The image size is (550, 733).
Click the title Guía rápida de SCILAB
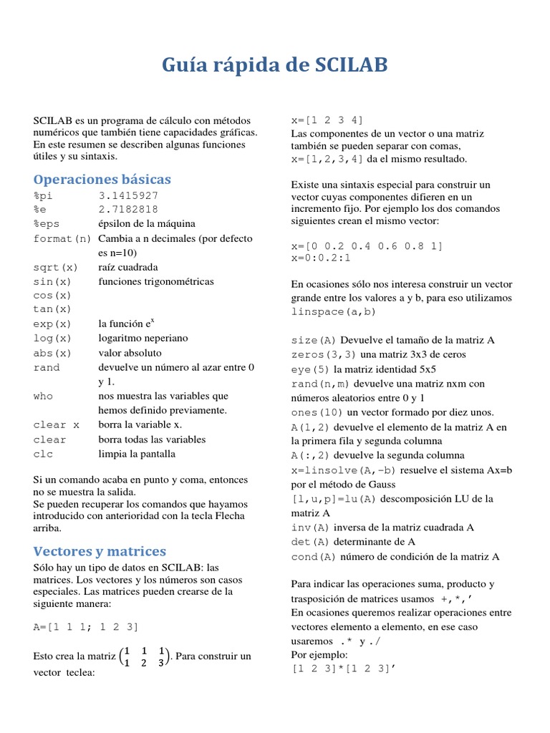click(275, 66)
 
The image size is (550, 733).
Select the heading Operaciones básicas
click(102, 179)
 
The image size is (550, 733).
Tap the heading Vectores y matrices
click(100, 551)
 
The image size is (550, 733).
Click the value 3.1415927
click(128, 195)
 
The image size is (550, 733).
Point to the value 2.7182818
click(128, 210)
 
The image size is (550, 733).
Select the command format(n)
click(62, 238)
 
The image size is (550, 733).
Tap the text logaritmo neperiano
click(143, 339)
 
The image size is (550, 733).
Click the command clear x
click(56, 424)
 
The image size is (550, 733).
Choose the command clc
click(43, 454)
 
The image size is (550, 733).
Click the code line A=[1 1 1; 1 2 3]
click(86, 627)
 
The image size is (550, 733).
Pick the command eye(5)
click(311, 369)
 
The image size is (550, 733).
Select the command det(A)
click(311, 542)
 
